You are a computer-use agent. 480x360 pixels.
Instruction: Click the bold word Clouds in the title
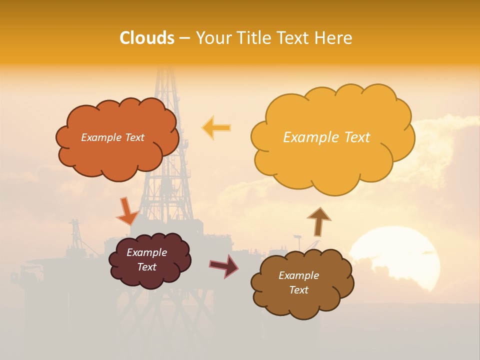pos(147,38)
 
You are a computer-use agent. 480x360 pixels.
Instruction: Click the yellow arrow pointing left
pos(216,128)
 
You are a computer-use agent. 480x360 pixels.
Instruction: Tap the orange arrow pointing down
pos(126,212)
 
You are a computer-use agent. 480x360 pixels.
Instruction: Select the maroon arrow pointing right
pos(224,265)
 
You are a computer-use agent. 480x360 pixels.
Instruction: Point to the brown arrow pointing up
pos(318,221)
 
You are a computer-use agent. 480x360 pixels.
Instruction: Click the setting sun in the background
pos(395,257)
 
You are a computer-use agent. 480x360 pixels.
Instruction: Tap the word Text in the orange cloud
pos(133,137)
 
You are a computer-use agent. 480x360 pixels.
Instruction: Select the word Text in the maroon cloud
pos(147,267)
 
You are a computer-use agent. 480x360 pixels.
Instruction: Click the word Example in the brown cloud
pos(298,275)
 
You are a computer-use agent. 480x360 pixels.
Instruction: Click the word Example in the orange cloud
pos(100,137)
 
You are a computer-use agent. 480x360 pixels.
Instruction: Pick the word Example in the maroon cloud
pos(147,252)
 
